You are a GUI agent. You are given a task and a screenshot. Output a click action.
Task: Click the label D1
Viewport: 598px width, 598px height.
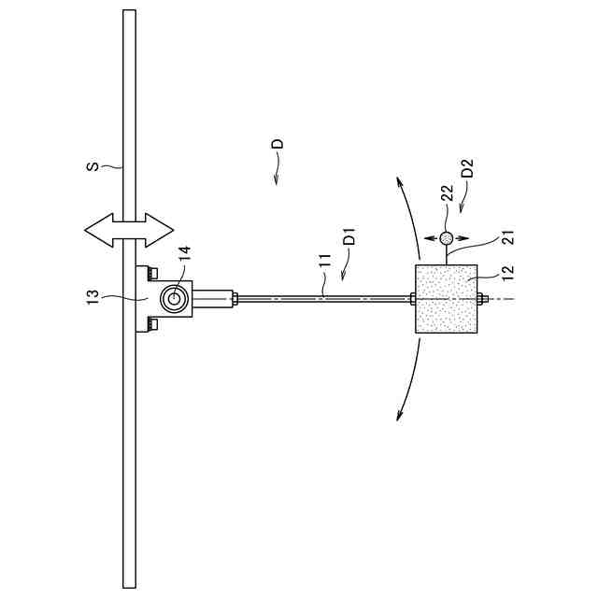(349, 235)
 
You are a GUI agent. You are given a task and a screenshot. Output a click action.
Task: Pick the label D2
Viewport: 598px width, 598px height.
(468, 170)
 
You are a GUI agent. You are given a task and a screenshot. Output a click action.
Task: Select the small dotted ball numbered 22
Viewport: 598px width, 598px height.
(447, 239)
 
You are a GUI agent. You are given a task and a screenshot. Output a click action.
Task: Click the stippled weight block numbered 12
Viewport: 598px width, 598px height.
(448, 298)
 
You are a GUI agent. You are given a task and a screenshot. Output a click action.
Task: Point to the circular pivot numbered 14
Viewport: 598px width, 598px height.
(172, 298)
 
